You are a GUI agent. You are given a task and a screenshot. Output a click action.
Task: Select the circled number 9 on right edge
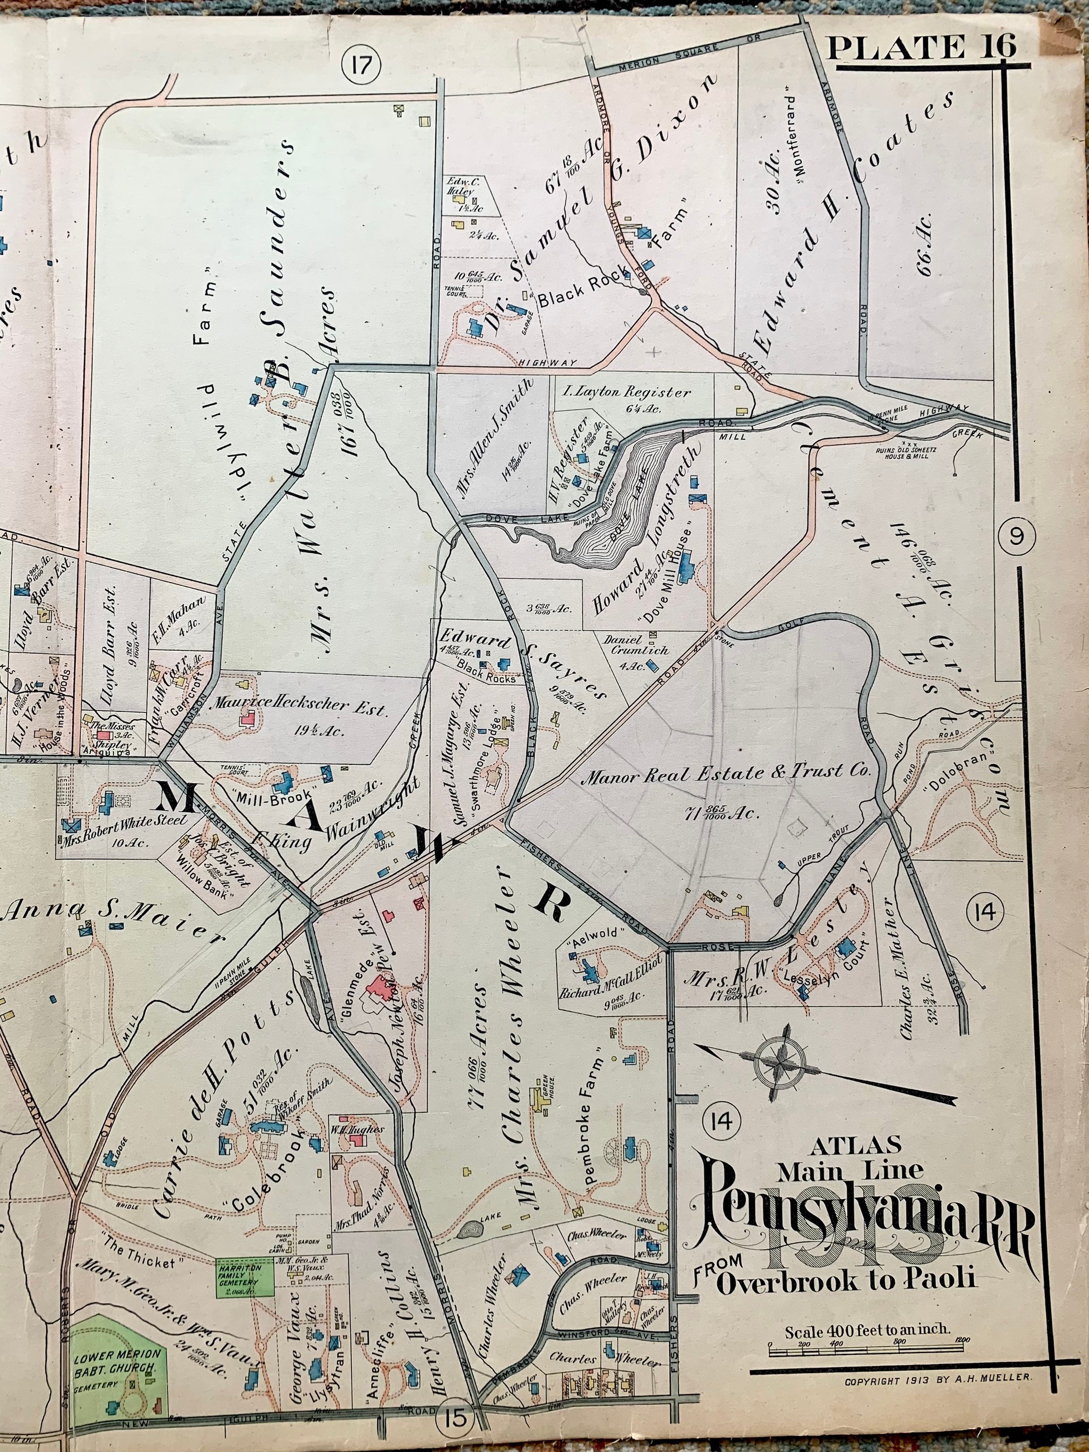[x=1016, y=536]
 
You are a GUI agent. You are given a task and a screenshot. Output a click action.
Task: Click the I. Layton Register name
[x=627, y=393]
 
